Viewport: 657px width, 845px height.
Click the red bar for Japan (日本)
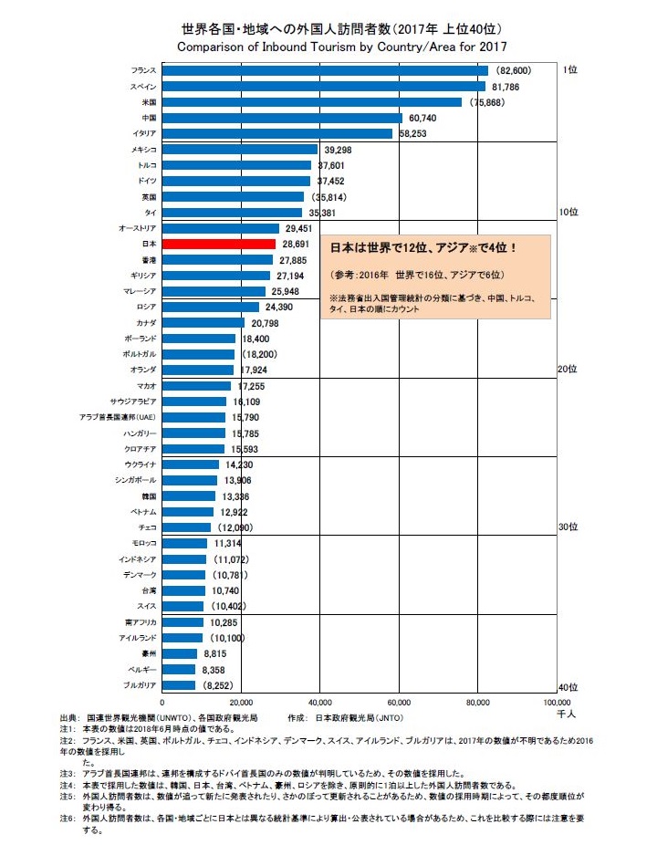coord(218,245)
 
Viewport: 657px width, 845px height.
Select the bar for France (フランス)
coord(325,70)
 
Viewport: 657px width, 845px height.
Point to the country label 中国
coord(150,118)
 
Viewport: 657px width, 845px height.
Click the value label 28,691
coord(298,245)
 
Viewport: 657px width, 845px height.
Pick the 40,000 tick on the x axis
coord(320,703)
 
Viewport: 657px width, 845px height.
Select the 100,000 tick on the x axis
coord(557,703)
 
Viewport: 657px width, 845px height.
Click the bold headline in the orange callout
coord(424,246)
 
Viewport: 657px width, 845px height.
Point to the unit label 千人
coord(568,713)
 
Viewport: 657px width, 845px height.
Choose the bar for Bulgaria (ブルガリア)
coord(179,684)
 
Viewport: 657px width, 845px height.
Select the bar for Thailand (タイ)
coord(232,213)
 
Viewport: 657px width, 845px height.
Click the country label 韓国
coord(150,496)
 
